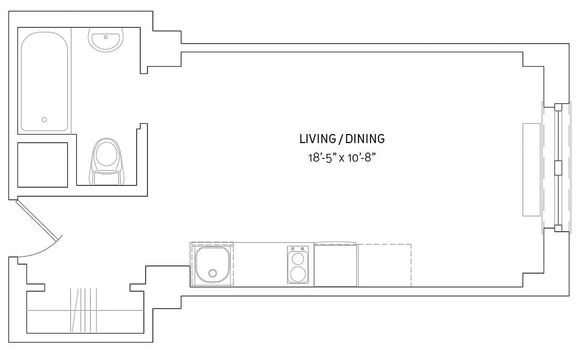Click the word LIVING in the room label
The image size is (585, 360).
(x=317, y=139)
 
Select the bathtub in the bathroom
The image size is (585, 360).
(x=45, y=81)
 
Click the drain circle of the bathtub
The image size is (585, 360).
(x=44, y=120)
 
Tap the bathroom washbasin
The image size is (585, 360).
(x=106, y=40)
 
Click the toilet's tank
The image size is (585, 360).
(x=107, y=178)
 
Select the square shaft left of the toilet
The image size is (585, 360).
(x=42, y=165)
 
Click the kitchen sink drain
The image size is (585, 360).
(x=213, y=273)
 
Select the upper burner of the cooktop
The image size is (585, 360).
(x=298, y=259)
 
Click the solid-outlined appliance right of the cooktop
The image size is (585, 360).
(x=335, y=265)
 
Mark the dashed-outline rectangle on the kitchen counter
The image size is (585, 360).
(x=384, y=265)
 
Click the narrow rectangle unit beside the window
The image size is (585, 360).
(x=531, y=170)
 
